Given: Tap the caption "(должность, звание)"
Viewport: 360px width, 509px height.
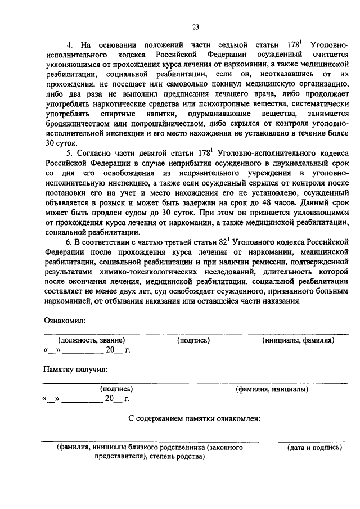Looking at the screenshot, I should [91, 341].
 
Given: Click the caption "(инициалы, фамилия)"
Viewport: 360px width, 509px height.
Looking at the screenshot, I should [298, 341].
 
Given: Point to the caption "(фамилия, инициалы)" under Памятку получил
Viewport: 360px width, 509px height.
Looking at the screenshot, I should [272, 389].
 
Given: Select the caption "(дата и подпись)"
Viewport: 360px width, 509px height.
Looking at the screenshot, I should [313, 448].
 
